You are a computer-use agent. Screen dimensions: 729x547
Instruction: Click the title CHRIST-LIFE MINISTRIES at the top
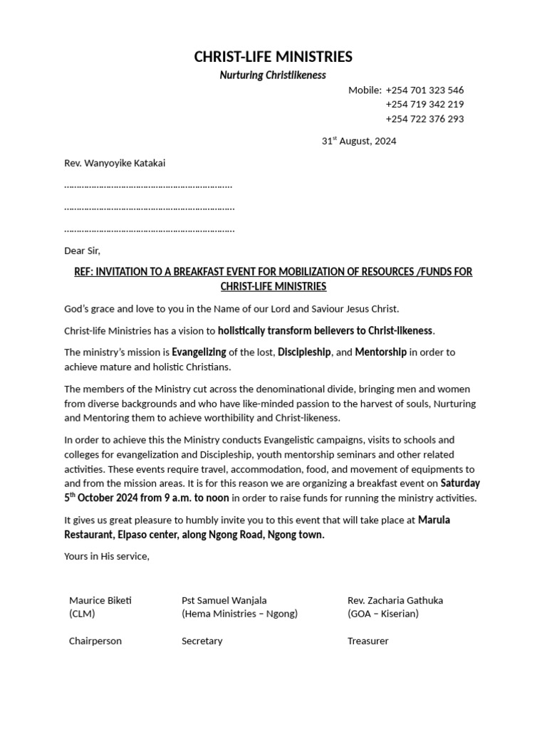(x=273, y=57)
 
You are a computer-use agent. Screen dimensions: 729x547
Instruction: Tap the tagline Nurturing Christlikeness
(x=273, y=75)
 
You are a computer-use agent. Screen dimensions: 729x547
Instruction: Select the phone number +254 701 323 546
(x=424, y=90)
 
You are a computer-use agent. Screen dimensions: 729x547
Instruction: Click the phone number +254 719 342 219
(x=424, y=105)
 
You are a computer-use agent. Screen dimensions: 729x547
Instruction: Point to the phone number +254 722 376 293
(x=424, y=119)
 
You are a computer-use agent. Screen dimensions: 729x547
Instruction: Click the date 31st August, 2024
(x=359, y=141)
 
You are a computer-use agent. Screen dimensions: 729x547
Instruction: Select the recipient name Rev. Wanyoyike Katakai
(x=115, y=163)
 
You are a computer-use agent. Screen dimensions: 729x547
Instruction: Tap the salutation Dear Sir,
(x=83, y=251)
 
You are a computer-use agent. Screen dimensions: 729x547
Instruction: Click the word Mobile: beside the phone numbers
(x=365, y=90)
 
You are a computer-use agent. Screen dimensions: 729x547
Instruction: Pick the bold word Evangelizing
(x=199, y=352)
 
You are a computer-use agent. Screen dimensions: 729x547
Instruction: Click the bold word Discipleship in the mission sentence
(x=304, y=352)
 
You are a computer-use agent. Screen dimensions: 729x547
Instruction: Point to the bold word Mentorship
(x=380, y=352)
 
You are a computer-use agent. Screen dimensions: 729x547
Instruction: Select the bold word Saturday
(x=461, y=483)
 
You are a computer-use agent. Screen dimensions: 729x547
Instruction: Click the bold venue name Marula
(x=434, y=520)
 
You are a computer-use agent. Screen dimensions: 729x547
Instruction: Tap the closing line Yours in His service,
(x=107, y=556)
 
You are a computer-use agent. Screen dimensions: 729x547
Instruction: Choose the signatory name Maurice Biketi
(x=100, y=600)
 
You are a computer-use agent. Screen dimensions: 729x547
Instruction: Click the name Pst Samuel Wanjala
(x=224, y=600)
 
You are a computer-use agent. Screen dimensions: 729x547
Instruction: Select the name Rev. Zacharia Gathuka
(x=395, y=600)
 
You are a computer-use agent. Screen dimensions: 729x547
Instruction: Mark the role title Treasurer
(x=368, y=641)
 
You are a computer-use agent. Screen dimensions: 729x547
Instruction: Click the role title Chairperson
(x=95, y=641)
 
